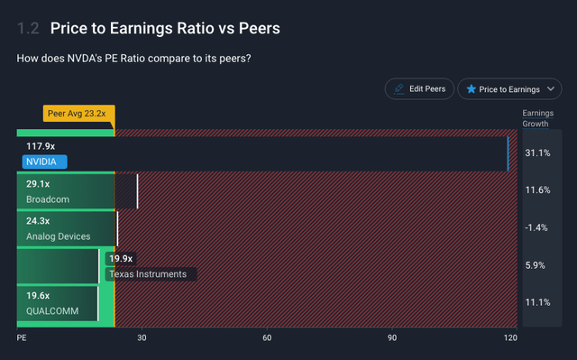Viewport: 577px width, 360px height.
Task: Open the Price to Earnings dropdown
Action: tap(509, 89)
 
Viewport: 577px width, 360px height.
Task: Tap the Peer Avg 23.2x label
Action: tap(78, 115)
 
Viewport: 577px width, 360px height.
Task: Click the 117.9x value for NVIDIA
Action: tap(41, 145)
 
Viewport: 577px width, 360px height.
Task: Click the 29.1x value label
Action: tap(39, 183)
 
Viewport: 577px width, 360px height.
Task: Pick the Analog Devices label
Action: tap(58, 236)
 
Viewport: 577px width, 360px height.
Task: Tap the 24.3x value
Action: tap(39, 221)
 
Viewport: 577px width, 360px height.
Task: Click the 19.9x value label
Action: tap(121, 259)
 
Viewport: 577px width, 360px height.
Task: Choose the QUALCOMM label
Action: tap(52, 311)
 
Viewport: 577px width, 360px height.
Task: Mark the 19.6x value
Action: tap(39, 296)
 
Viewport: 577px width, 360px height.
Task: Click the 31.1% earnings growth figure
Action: tap(536, 153)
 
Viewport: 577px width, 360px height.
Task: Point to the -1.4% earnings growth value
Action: tap(536, 227)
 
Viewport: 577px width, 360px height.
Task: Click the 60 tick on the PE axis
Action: tap(267, 337)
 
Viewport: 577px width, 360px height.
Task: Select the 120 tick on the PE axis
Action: tap(510, 337)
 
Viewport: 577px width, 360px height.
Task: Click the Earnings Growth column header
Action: tap(537, 118)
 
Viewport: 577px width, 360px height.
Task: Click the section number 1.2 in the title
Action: tap(28, 29)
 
